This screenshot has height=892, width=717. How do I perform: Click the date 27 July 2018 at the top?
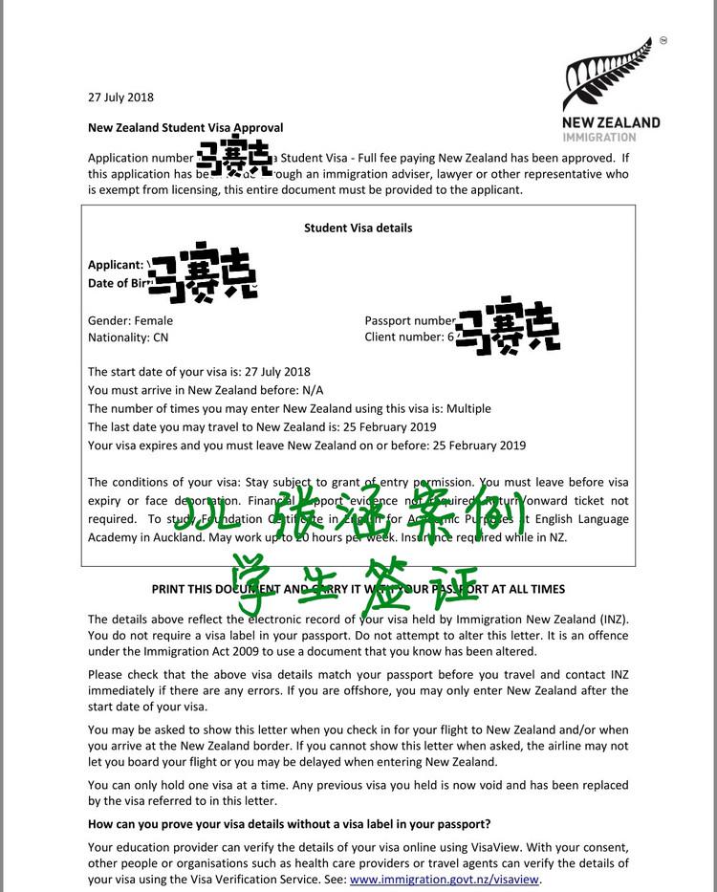(x=120, y=97)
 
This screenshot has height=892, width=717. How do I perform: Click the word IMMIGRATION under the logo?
(x=598, y=137)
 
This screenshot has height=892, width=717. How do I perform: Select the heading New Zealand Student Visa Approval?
(x=185, y=127)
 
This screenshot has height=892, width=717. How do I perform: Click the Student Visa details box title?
(x=358, y=228)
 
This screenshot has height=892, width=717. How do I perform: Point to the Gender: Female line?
(x=131, y=321)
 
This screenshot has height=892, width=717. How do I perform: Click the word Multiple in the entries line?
(x=466, y=408)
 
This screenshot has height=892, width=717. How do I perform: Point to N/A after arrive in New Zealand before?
(x=312, y=390)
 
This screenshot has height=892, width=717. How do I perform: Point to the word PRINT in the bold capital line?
(x=172, y=589)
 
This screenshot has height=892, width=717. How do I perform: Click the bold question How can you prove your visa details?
(x=290, y=824)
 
